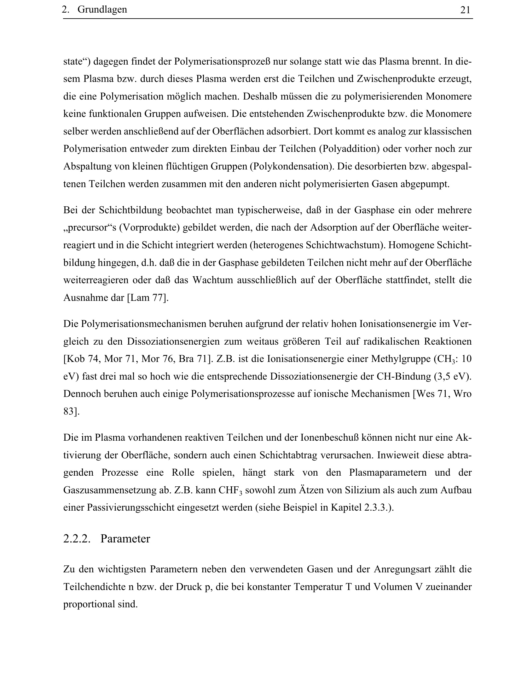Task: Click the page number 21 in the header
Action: pos(465,10)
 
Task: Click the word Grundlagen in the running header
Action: pos(102,10)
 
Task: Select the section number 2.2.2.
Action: pos(77,539)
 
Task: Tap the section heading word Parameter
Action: pos(125,539)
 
